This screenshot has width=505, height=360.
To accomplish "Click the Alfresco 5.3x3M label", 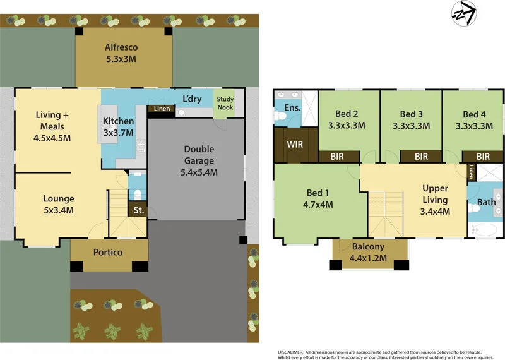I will coord(121,53).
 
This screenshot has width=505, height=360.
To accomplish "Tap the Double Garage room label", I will coord(199,160).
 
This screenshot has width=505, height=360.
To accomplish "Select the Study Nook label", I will coord(225,103).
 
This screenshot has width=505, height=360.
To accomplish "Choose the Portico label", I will coord(108,253).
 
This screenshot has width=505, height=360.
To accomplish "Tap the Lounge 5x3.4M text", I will coord(58,204).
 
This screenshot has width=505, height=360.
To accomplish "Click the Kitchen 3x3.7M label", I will coord(118,126).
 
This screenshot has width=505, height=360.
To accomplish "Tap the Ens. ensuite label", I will coord(292,108).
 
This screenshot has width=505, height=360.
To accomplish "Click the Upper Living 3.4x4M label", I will coord(435,200).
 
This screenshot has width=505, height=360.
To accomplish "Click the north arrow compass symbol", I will coord(463,14).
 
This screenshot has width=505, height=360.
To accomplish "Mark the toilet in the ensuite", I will coord(280,116).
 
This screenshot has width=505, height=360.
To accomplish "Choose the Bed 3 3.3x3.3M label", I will coord(411,119).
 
